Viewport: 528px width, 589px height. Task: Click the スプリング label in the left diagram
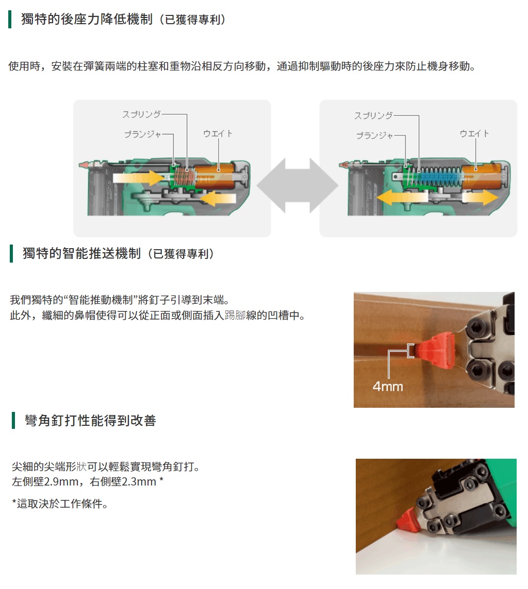tap(141, 114)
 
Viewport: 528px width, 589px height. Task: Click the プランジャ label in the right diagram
tap(374, 135)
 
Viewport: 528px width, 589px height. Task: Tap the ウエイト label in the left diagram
tap(218, 133)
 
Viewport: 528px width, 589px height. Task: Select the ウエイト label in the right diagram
tap(474, 133)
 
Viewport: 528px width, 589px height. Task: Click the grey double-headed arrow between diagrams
tap(298, 185)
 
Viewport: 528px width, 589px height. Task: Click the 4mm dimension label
tap(388, 387)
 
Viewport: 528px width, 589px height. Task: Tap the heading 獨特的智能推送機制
tap(81, 253)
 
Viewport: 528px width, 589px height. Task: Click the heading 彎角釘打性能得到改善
tap(90, 420)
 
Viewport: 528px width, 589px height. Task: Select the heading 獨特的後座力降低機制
tap(87, 19)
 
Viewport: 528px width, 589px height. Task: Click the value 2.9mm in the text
tap(61, 481)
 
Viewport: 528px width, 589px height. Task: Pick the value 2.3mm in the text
tap(139, 481)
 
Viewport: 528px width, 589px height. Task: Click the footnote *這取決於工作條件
tap(60, 504)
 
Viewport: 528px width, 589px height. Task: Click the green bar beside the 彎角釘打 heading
tap(13, 420)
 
